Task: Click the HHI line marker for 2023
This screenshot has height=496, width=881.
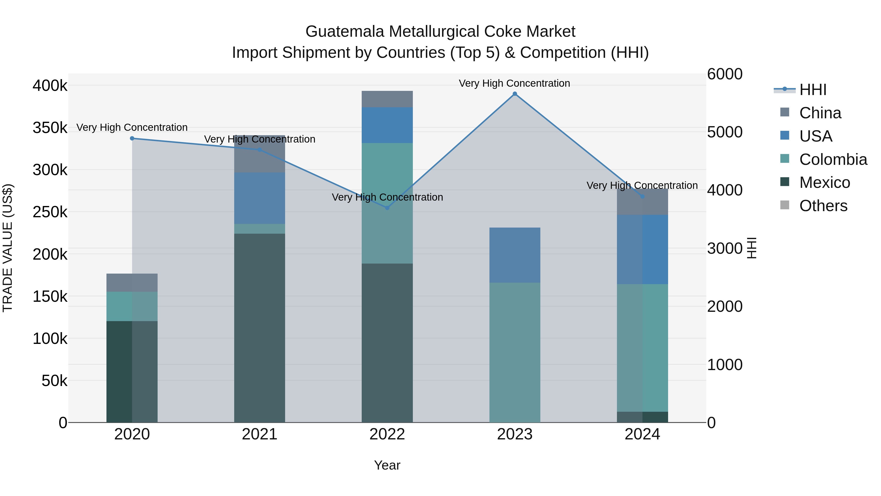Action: [515, 94]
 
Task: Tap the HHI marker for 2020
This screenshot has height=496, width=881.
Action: [132, 138]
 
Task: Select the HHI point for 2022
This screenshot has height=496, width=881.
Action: [387, 208]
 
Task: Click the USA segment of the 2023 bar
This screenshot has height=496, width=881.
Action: [515, 255]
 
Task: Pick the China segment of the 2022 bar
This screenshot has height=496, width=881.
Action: [387, 99]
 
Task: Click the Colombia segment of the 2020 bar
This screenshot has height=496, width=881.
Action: [132, 306]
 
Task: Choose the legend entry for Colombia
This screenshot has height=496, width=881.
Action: [833, 159]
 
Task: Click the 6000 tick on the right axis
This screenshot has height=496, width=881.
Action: [724, 74]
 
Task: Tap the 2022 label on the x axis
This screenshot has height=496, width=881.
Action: [387, 434]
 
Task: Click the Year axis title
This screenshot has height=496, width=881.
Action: [387, 465]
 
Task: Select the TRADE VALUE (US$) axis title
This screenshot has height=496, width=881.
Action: [8, 248]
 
